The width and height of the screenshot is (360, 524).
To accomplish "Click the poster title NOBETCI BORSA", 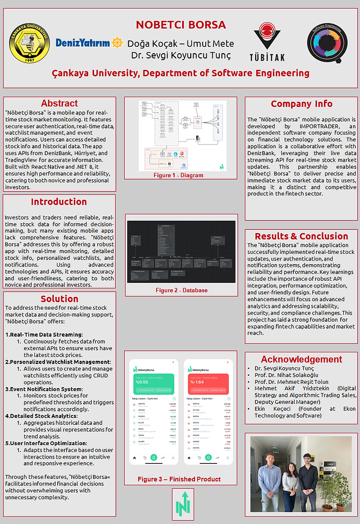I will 181,25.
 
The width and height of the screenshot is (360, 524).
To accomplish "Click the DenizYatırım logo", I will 89,42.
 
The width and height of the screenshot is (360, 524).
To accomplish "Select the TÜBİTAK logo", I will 267,42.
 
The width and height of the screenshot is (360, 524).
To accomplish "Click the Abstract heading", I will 59,104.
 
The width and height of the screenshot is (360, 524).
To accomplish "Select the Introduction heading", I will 59,202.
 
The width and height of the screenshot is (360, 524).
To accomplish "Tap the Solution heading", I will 59,299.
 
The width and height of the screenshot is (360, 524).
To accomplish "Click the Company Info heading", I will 301,104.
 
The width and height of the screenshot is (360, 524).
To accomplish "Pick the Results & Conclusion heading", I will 301,236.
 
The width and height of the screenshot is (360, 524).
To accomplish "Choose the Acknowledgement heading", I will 301,360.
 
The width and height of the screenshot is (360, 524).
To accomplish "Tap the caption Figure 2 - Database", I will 182,290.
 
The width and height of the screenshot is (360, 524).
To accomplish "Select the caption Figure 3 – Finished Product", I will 179,479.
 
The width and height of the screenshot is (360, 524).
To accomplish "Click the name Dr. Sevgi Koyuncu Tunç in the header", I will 181,55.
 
